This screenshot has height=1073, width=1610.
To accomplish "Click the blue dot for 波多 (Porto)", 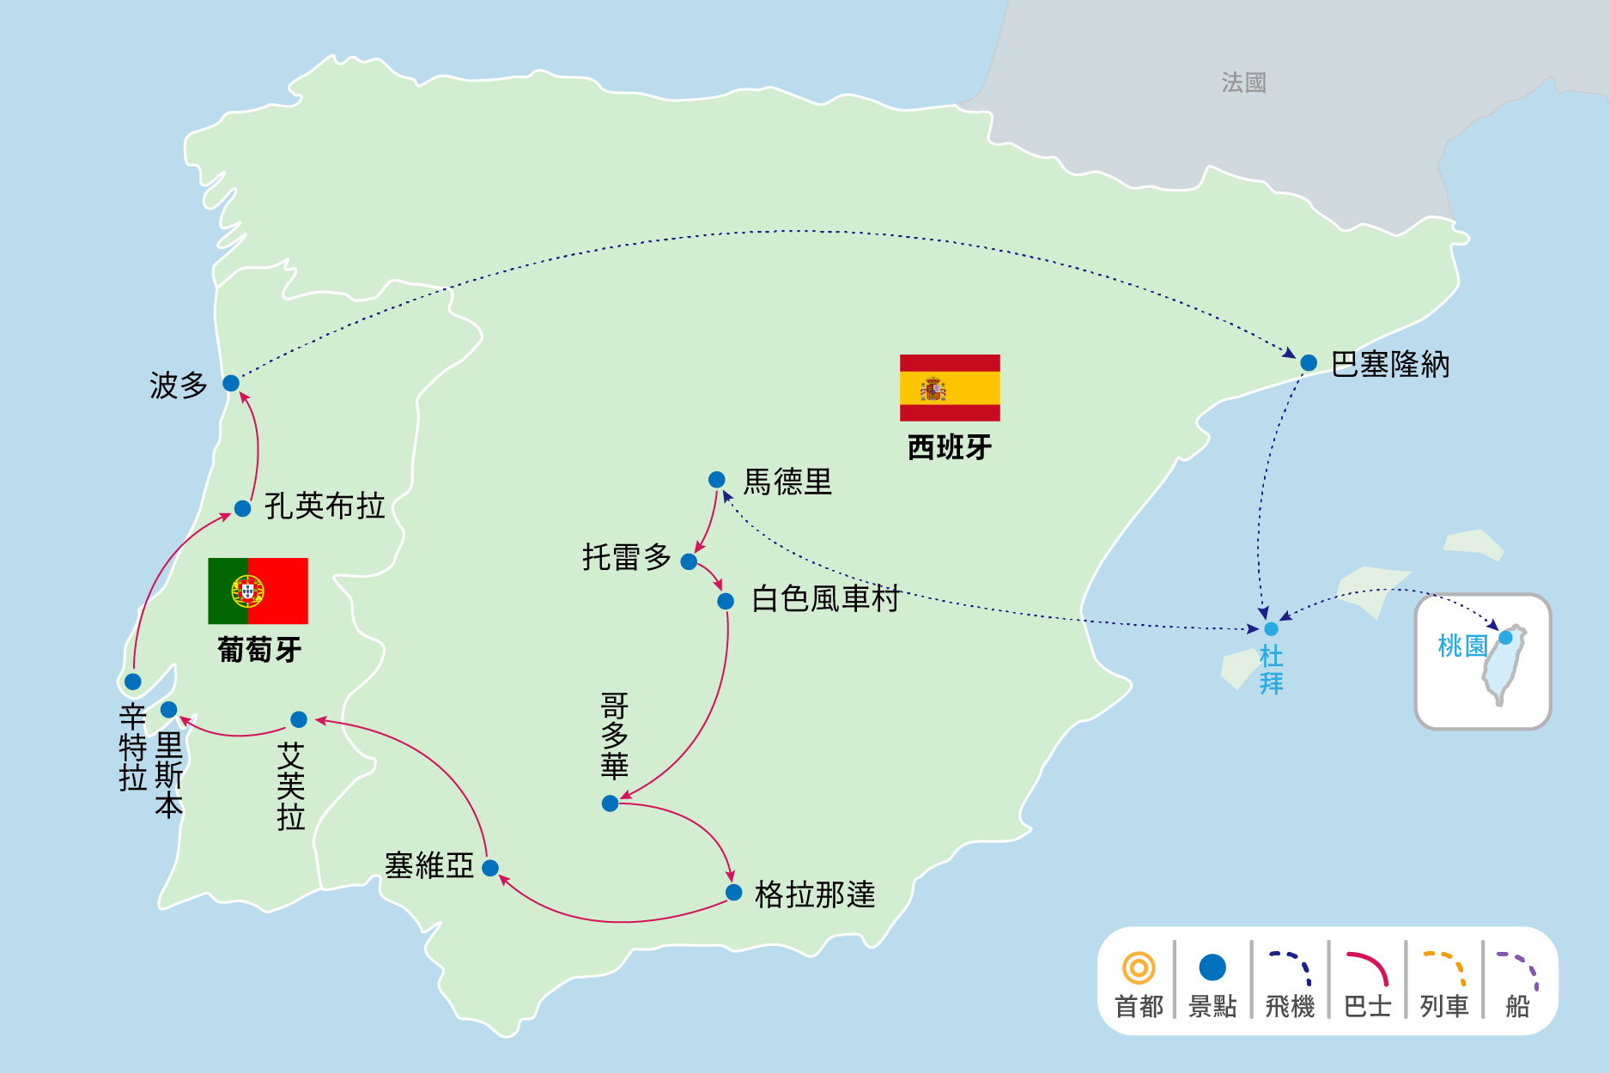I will pyautogui.click(x=231, y=383).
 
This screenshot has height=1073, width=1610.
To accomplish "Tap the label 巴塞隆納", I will pyautogui.click(x=1389, y=365).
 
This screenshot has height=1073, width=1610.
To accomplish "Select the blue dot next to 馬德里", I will pyautogui.click(x=717, y=480).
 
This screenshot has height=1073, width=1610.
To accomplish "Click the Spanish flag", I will pyautogui.click(x=950, y=388).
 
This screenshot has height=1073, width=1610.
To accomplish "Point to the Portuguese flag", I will pyautogui.click(x=258, y=591).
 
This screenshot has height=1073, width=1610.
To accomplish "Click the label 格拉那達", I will pyautogui.click(x=814, y=894).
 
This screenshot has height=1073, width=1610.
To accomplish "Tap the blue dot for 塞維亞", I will pyautogui.click(x=490, y=868).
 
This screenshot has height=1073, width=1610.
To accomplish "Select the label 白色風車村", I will pyautogui.click(x=825, y=598).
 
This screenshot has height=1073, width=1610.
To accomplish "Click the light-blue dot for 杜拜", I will pyautogui.click(x=1271, y=629).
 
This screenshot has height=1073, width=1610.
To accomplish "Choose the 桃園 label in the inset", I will pyautogui.click(x=1462, y=646).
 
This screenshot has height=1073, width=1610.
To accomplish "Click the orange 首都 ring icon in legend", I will pyautogui.click(x=1139, y=968).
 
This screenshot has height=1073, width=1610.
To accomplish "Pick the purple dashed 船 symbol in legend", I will pyautogui.click(x=1517, y=970).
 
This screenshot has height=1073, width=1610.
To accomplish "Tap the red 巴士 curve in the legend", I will pyautogui.click(x=1367, y=969).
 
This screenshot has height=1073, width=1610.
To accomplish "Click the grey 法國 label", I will pyautogui.click(x=1243, y=82).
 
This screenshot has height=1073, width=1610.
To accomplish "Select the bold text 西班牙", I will pyautogui.click(x=950, y=447).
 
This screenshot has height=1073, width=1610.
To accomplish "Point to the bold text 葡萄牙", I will pyautogui.click(x=259, y=650).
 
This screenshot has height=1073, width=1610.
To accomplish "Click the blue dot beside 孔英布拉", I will pyautogui.click(x=243, y=509).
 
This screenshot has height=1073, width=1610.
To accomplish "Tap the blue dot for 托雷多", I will pyautogui.click(x=689, y=561).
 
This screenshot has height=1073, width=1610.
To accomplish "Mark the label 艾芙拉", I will pyautogui.click(x=291, y=786).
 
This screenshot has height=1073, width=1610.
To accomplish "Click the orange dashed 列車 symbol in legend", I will pyautogui.click(x=1443, y=969).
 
